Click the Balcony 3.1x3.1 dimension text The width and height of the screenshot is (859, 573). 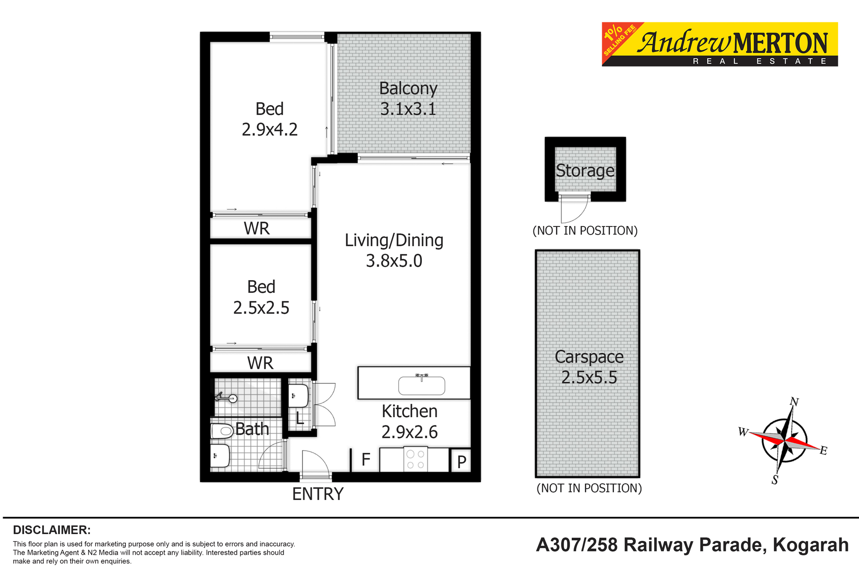(x=408, y=109)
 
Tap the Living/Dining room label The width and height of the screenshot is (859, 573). (x=394, y=240)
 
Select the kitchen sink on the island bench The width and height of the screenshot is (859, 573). (x=421, y=385)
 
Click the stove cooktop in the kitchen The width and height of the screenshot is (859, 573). (x=415, y=460)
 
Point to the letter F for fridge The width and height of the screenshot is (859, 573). (x=366, y=460)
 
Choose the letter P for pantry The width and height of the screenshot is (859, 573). (x=462, y=462)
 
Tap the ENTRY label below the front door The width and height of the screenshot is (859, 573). (x=318, y=494)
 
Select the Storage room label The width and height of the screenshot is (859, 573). (x=585, y=171)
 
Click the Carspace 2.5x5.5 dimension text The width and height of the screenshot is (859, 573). (x=589, y=377)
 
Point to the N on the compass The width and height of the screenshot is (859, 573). (x=794, y=402)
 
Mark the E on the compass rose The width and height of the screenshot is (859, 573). (x=824, y=450)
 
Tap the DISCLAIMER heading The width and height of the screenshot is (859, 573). (x=52, y=530)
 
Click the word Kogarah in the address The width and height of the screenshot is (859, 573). (x=811, y=545)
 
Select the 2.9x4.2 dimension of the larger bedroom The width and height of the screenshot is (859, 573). (x=269, y=130)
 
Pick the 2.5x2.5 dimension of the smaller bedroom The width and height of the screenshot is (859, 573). (x=261, y=308)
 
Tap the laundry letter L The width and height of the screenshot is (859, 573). (x=300, y=419)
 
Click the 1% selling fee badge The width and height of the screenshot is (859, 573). (x=619, y=39)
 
